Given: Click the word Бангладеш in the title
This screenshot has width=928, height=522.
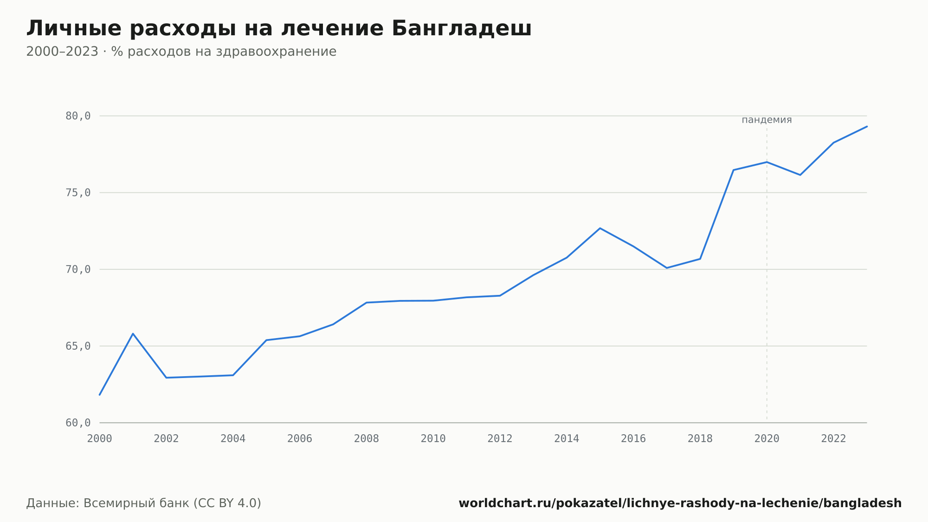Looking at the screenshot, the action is [461, 28].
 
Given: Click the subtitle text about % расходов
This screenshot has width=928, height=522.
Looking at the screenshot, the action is [181, 52].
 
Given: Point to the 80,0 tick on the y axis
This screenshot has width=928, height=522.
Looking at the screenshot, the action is [78, 116].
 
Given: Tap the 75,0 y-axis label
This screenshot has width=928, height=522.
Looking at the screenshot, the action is [78, 193].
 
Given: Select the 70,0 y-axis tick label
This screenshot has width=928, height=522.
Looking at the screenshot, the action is [78, 269].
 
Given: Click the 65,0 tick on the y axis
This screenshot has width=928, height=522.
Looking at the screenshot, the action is [78, 346].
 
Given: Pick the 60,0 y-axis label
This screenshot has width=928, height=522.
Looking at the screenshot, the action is [78, 423].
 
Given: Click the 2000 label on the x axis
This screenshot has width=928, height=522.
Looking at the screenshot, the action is [100, 439].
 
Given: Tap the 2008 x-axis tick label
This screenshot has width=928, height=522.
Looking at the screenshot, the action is [367, 439].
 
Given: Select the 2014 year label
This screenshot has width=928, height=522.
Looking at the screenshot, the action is [567, 439].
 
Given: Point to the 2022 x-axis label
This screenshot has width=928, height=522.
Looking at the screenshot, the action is [834, 439].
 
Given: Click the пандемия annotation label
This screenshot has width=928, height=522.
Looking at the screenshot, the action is [767, 120].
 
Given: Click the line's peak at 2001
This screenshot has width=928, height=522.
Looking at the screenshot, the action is [133, 333].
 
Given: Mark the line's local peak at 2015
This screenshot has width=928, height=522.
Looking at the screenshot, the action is [600, 228].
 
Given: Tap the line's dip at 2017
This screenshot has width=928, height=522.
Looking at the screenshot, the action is [667, 268].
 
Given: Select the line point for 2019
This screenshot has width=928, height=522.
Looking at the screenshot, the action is [734, 170].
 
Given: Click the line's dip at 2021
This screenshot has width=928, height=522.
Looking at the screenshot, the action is [800, 175].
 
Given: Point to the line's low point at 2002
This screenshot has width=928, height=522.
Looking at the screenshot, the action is [166, 378].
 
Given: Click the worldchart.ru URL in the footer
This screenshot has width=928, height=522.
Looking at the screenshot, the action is [680, 503].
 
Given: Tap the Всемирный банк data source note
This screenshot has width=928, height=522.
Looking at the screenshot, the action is [144, 503].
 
